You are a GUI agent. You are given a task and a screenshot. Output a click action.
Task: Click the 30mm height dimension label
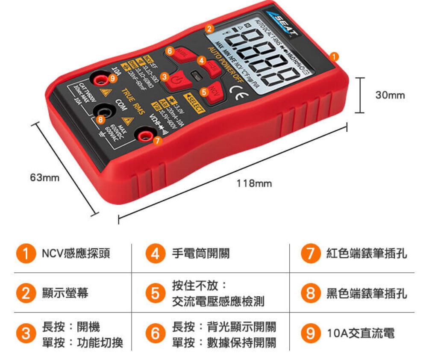[x=390, y=95]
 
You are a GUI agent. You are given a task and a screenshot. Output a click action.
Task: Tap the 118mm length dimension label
[x=254, y=183]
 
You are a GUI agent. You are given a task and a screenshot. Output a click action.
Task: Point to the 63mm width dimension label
[x=44, y=177]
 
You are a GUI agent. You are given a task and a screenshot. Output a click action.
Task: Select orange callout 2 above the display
[x=209, y=29]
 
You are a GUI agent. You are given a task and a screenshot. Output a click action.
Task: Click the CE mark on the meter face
[x=236, y=91]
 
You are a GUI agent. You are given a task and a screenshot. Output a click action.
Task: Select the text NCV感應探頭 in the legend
[x=76, y=254]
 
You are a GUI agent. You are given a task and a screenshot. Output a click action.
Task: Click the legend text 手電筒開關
[x=201, y=254]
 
